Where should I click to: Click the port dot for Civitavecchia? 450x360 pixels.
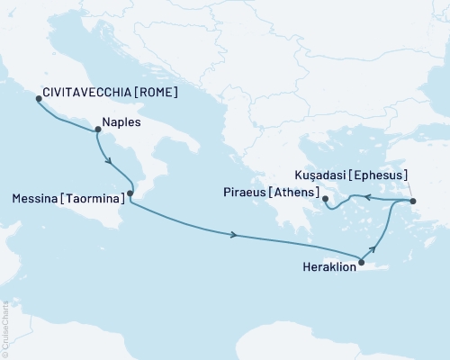point(37,99)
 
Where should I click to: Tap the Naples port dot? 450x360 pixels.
point(96,130)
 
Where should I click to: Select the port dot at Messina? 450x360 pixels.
point(130,193)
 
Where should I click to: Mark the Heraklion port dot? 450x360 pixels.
point(361,263)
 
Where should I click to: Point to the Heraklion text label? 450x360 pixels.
point(325,266)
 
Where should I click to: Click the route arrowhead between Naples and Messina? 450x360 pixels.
point(110,162)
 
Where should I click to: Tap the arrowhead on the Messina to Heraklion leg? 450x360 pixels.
point(235,236)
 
